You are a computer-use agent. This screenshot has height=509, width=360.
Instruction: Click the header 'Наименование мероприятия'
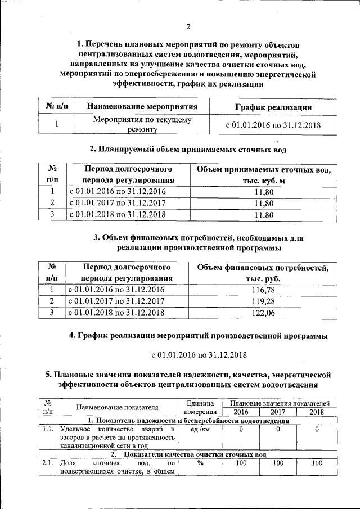[138, 106]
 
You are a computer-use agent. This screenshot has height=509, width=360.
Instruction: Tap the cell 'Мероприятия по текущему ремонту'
[142, 124]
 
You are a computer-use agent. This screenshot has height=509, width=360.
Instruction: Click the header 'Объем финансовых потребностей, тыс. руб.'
[263, 273]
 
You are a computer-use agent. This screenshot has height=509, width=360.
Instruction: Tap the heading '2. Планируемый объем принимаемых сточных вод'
[188, 150]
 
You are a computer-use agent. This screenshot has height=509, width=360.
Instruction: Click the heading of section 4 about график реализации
[199, 336]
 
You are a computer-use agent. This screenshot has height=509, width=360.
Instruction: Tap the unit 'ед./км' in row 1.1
[200, 430]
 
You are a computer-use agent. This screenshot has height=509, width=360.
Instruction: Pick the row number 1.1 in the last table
[47, 430]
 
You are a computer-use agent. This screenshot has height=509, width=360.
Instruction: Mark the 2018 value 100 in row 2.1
[317, 463]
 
